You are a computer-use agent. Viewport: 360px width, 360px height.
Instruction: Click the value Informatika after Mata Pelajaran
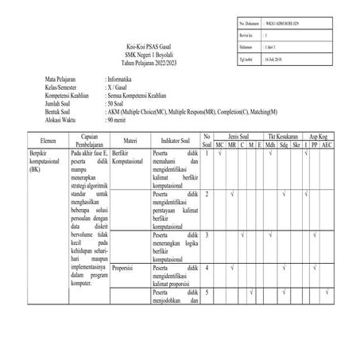pos(125,81)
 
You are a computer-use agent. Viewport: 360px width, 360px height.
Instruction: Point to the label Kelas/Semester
pos(64,87)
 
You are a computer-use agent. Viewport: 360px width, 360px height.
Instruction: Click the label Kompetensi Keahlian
pos(69,95)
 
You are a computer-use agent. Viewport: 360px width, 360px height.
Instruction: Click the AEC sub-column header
pos(327,145)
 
